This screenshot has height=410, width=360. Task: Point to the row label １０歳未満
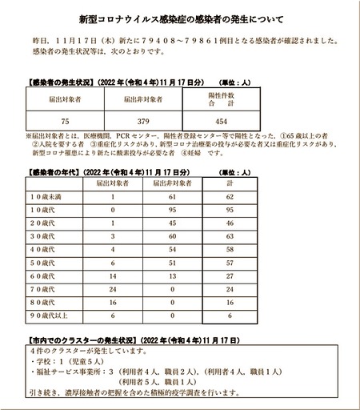coord(54,196)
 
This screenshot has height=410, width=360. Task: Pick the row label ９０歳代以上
coord(54,316)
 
